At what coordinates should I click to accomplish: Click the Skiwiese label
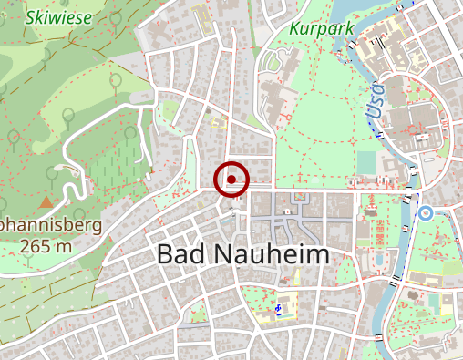[51, 16]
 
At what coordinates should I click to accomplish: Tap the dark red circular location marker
[232, 180]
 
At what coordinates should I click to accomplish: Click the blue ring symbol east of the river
[425, 212]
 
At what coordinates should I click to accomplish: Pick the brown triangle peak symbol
[46, 200]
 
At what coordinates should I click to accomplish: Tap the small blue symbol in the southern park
[277, 309]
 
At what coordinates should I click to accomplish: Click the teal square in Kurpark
[366, 161]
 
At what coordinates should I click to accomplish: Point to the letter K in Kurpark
[293, 28]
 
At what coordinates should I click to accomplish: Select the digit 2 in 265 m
[23, 246]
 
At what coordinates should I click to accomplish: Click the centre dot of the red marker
[232, 180]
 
